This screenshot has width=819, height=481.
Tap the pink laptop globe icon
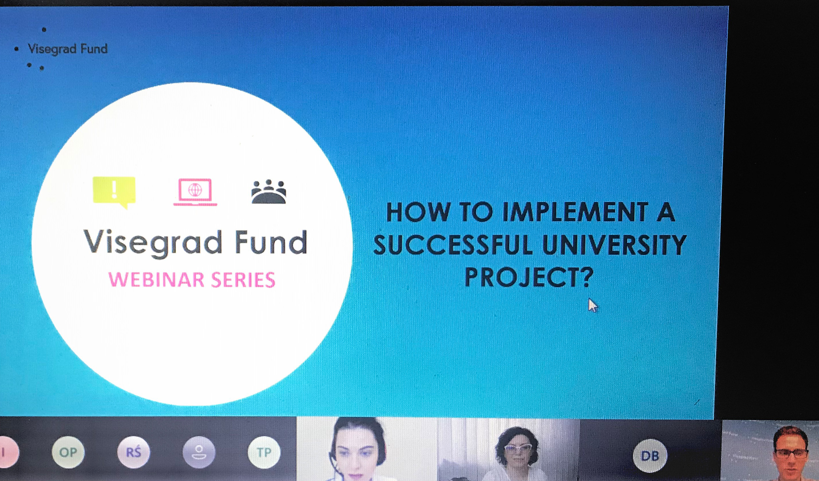pos(195,192)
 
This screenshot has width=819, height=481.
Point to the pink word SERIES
pos(243,280)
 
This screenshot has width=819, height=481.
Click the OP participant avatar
pos(68,452)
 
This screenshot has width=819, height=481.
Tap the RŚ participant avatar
pos(134,452)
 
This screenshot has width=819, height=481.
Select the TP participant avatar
pos(264,452)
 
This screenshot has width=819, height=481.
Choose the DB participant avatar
pos(650,456)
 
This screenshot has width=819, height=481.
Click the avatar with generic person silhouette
pos(199,452)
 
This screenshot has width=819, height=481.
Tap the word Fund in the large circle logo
pos(271,242)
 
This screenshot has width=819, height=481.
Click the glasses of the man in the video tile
pos(791,453)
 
